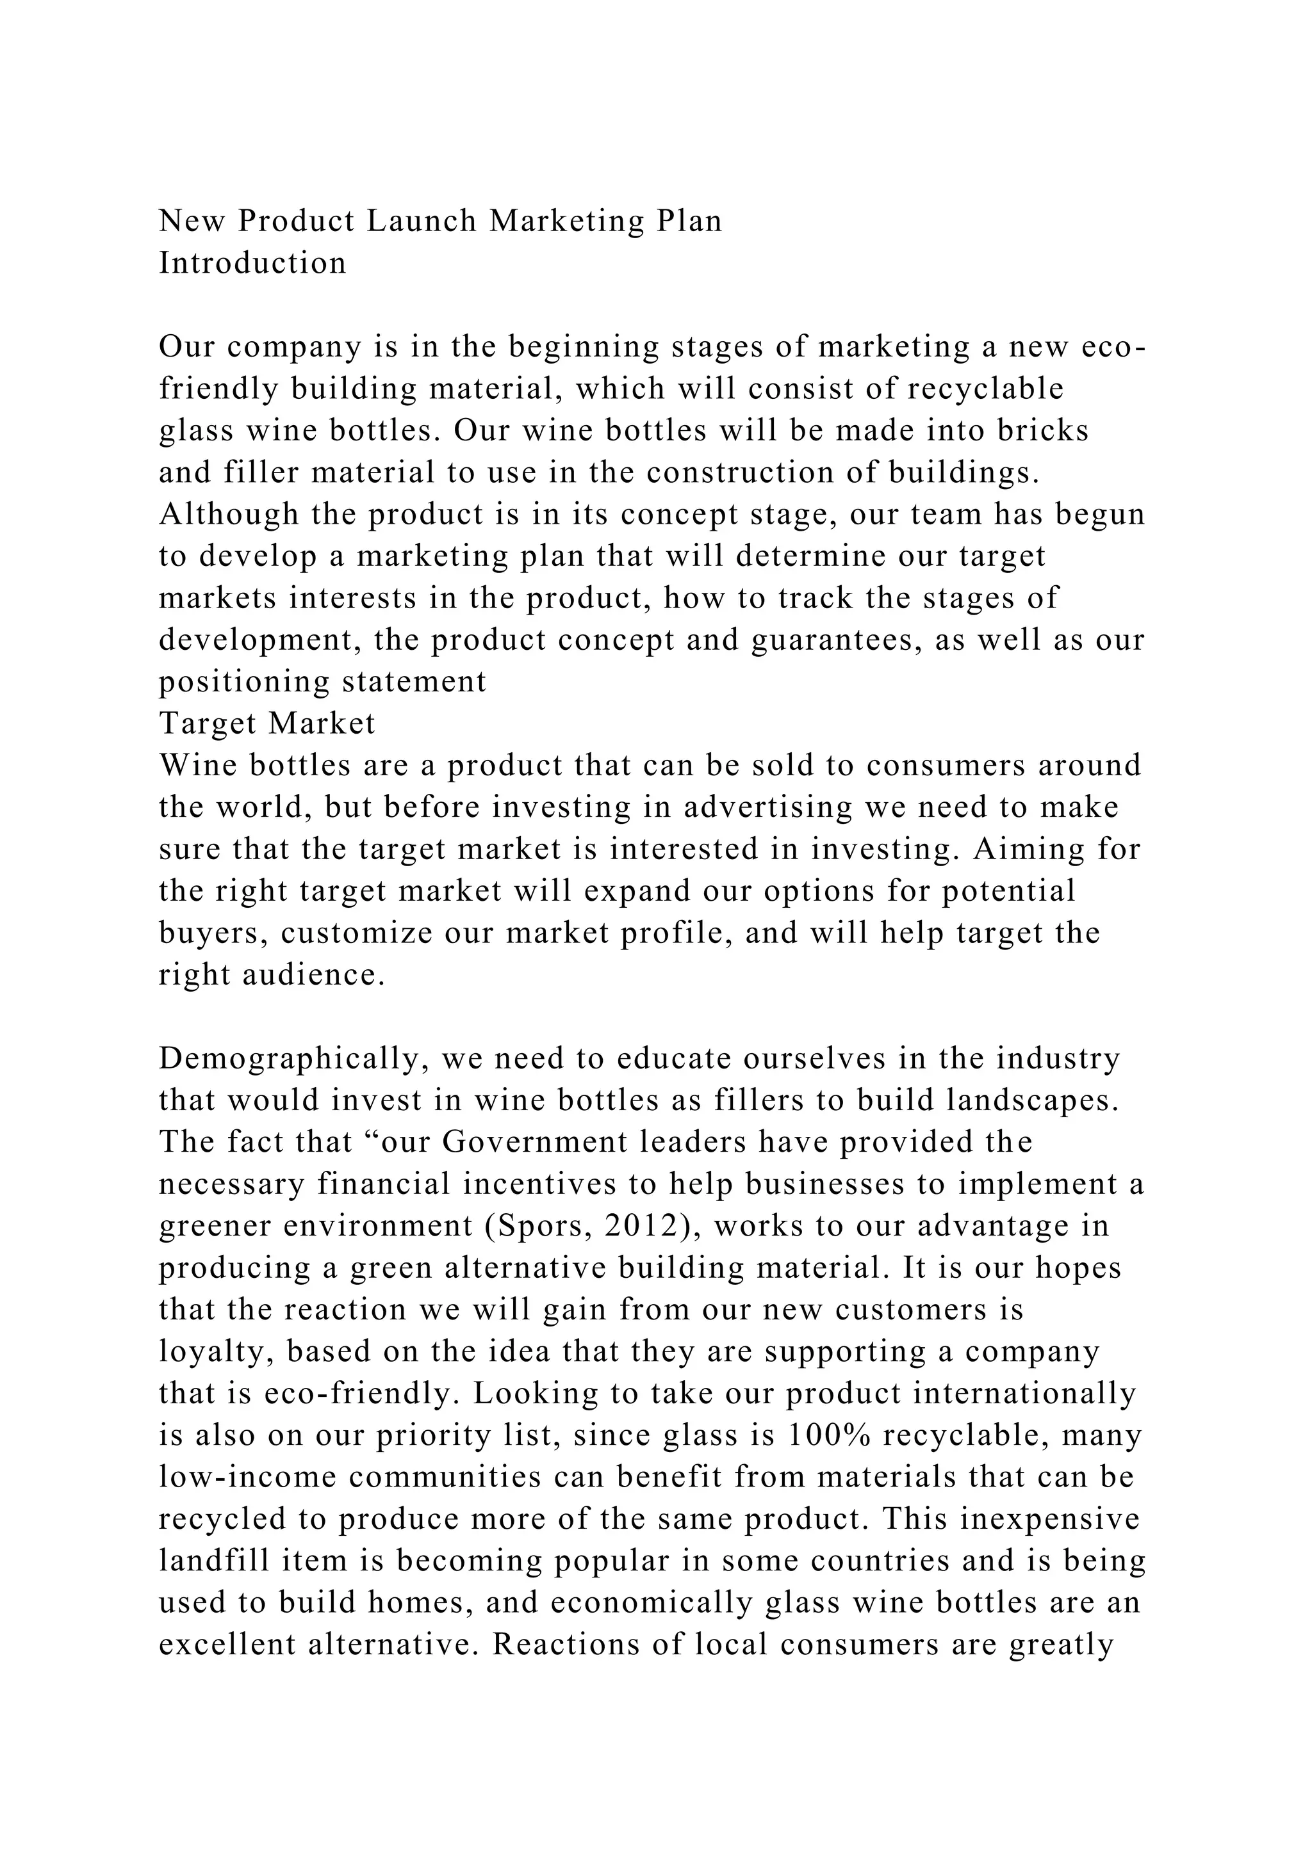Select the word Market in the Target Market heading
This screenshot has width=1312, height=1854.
coord(322,723)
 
